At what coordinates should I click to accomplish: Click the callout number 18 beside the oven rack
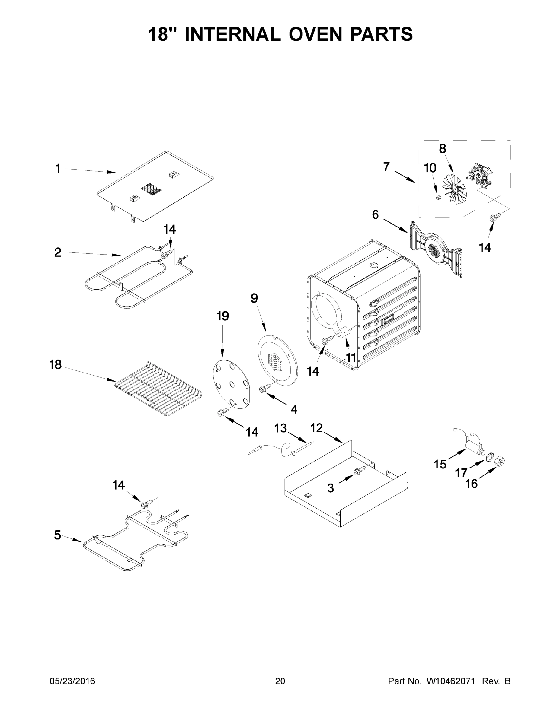[56, 365]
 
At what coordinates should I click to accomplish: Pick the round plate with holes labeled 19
[231, 384]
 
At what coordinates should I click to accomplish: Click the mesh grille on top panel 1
[151, 189]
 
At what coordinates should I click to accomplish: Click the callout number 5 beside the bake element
[57, 535]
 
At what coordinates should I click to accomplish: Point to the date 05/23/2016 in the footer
[72, 681]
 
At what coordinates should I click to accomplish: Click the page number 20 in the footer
[280, 681]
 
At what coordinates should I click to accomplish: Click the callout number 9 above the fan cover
[254, 298]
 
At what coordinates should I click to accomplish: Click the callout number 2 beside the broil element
[58, 252]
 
